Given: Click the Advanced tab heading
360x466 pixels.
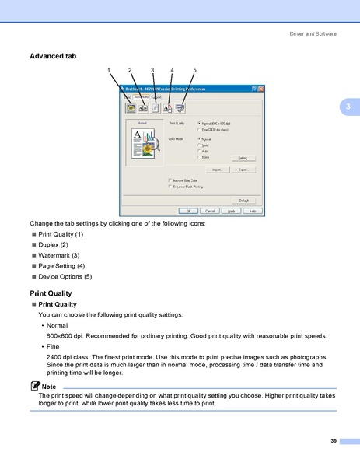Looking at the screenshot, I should click(x=52, y=56).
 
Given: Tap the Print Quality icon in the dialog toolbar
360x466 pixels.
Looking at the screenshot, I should click(x=130, y=108).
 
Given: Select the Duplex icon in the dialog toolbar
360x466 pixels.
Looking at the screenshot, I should click(x=142, y=108).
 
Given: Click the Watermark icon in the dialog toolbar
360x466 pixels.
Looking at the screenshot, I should click(x=155, y=108).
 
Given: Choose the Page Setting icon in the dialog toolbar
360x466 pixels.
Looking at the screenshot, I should click(x=167, y=108).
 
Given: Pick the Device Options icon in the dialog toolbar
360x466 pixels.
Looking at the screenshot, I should click(x=180, y=108).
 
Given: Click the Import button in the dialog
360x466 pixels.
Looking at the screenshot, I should click(x=218, y=170).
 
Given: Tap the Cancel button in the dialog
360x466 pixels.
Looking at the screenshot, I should click(x=210, y=211).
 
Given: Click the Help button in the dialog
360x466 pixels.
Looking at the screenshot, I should click(x=252, y=211).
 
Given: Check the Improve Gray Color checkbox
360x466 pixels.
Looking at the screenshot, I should click(x=170, y=180).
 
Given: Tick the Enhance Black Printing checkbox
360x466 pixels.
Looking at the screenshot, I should click(x=170, y=187).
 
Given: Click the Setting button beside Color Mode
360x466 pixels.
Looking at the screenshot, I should click(x=243, y=158).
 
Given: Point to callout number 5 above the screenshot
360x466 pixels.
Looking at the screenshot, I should click(x=194, y=71).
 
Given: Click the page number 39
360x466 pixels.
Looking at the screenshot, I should click(x=333, y=441).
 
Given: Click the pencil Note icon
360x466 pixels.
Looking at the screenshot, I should click(x=35, y=386).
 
